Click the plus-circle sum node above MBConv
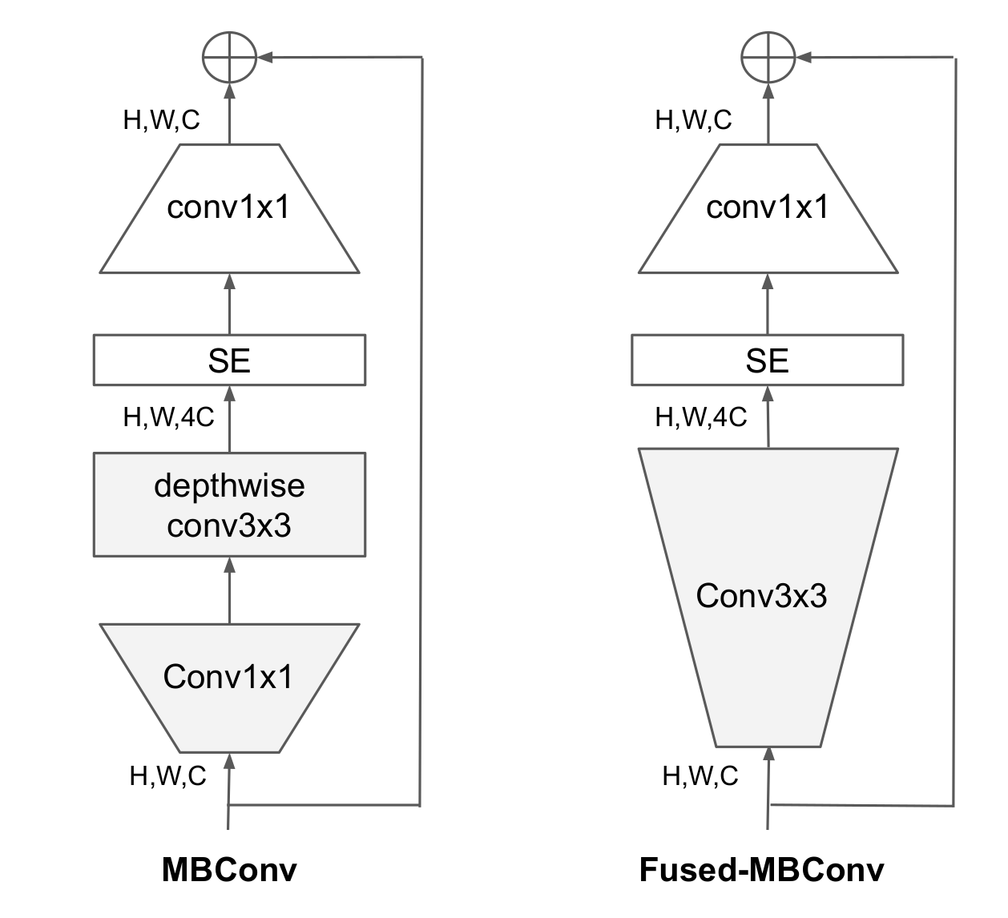229,57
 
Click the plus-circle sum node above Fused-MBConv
768,57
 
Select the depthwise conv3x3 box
229,505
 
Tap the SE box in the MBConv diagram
229,360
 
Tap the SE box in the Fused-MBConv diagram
767,360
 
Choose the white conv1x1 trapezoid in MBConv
229,209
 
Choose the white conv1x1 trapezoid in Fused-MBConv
768,209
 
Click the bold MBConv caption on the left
229,870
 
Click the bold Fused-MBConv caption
761,870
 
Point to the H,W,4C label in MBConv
168,417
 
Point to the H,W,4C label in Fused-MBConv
700,417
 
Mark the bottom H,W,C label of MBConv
167,775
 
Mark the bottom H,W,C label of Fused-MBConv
700,775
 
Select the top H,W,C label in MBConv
161,120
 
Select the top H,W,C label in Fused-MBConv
693,120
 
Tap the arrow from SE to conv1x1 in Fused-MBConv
768,304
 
